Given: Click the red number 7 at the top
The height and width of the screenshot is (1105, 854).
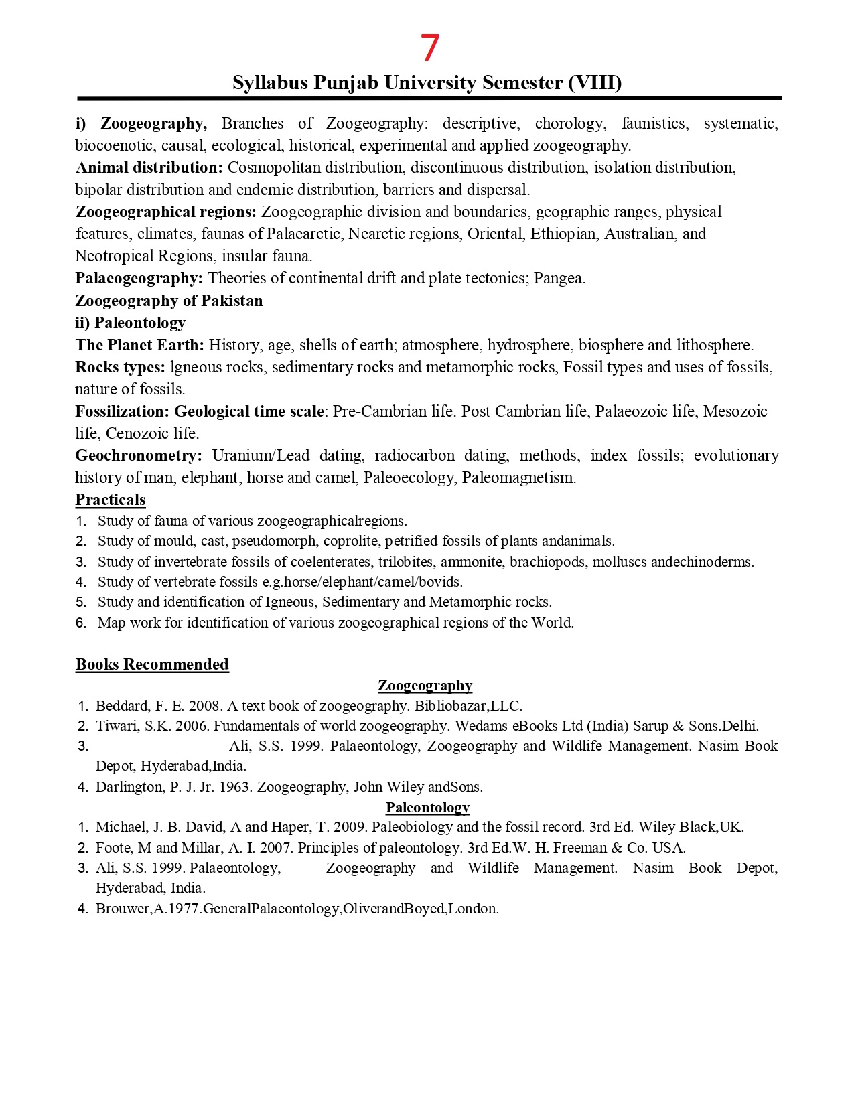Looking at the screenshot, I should pos(429,48).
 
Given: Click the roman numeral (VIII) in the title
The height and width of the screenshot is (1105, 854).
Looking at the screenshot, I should pos(595,82).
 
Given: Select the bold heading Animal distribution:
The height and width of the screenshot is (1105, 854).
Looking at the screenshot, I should pos(149,167).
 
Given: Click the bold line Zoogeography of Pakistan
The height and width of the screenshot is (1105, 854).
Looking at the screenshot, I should pos(169,301).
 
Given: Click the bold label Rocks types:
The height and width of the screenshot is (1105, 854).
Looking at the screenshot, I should pos(120,367).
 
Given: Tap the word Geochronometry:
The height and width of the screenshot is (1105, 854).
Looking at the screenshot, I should pos(139,455).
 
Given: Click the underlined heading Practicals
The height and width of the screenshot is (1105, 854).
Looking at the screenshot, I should pos(111,500).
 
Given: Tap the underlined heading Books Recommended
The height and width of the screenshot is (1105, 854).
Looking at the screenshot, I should pos(152,664).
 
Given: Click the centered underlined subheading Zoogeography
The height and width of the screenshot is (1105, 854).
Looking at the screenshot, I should pos(425,686).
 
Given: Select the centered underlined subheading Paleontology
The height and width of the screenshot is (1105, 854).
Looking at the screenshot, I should pos(427,808).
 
